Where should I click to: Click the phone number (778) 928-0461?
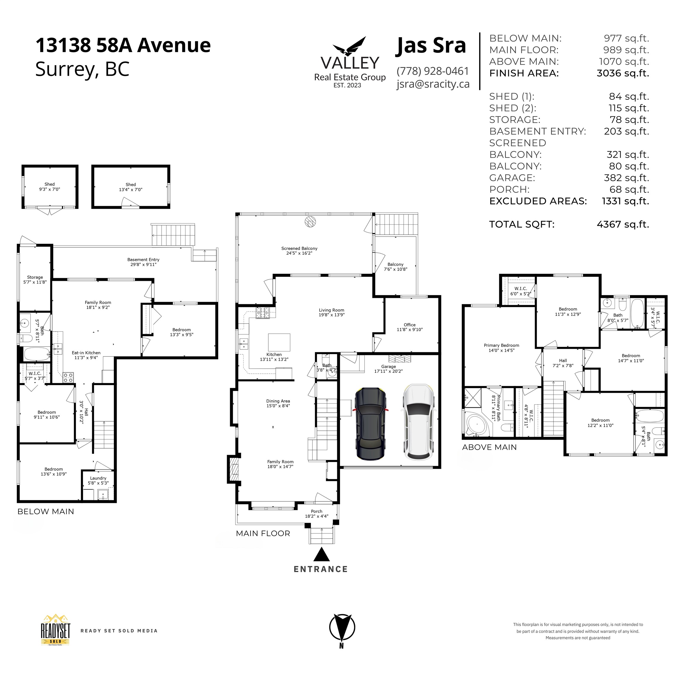433,71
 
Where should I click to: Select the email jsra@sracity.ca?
433,84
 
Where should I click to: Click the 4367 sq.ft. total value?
623,224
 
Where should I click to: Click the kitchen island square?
279,342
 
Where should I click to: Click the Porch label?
316,511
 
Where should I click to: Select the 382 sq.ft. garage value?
626,178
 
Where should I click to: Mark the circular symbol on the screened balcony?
310,222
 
